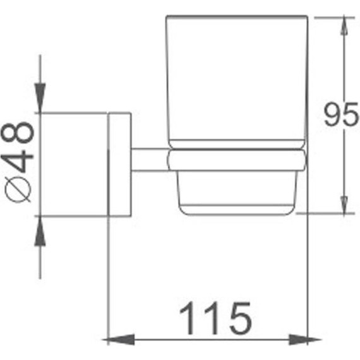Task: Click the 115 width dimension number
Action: pos(215,318)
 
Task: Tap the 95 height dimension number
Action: pos(340,114)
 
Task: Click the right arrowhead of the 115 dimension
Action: pos(305,340)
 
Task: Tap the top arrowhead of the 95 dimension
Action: pos(344,26)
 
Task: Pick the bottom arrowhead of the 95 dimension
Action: pos(344,205)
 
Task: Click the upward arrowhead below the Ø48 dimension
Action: pos(40,231)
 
